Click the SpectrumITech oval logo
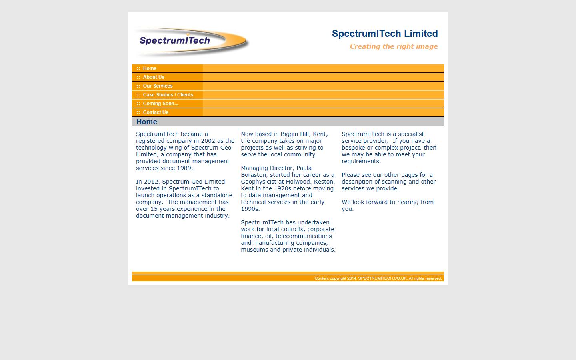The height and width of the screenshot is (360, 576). pos(191,42)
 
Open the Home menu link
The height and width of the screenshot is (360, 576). pos(150,68)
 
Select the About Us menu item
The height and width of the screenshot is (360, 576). pos(154,77)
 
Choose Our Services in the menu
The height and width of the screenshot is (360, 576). pos(158,86)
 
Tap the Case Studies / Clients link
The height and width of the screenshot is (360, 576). pos(168,95)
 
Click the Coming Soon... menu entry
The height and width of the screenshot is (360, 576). pos(160,104)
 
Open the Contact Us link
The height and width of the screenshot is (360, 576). pos(156,112)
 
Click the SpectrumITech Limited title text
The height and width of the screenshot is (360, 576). pos(385,34)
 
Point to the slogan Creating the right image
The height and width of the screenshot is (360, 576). pos(394,46)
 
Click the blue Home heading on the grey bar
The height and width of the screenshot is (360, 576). pos(147,122)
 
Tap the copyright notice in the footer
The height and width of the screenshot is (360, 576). pos(378,278)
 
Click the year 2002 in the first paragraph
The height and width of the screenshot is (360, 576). pos(208,141)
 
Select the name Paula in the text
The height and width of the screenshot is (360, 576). pos(304,168)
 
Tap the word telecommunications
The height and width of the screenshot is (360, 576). pos(304,236)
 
